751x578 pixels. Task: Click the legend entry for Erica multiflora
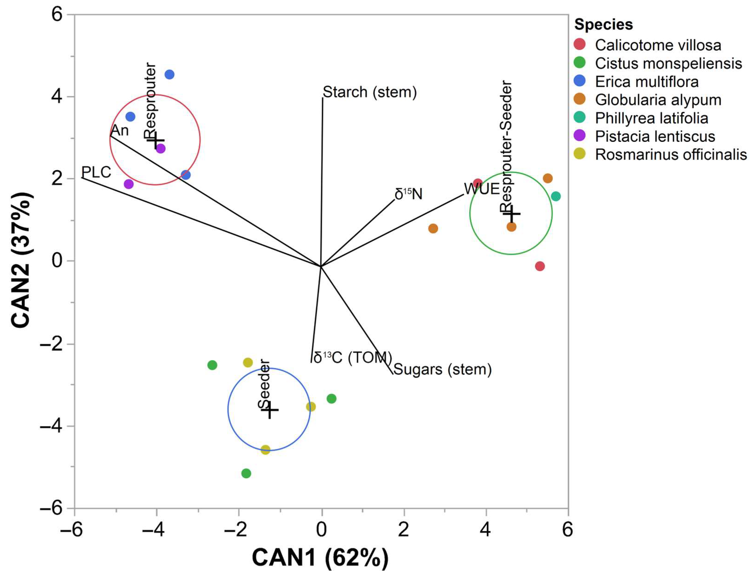646,82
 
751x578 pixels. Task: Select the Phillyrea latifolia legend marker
580,118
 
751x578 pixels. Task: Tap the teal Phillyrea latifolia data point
555,196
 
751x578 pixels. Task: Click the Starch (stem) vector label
369,92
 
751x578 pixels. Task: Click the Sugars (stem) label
442,369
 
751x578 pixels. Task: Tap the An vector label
120,131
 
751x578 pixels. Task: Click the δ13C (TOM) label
353,358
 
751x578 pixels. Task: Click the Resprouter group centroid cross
156,140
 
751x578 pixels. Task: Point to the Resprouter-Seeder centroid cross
512,214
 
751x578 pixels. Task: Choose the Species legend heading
603,25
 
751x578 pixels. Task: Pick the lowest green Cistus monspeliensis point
246,473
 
